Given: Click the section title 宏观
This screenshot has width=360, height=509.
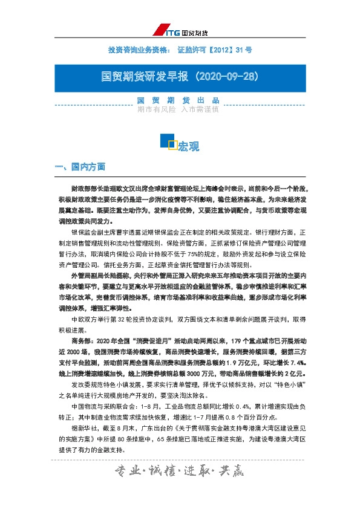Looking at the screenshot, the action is pyautogui.click(x=189, y=146).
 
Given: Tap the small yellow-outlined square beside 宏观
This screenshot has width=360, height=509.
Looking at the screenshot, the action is pyautogui.click(x=172, y=144).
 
